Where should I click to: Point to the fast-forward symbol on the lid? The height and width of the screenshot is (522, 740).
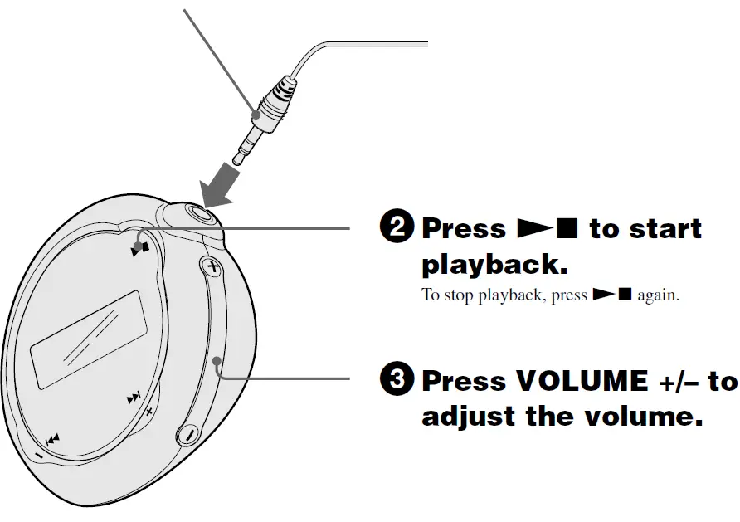pos(134,399)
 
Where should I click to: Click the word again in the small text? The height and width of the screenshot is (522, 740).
pos(658,295)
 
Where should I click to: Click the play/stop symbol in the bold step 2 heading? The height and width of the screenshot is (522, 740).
pos(547,228)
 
